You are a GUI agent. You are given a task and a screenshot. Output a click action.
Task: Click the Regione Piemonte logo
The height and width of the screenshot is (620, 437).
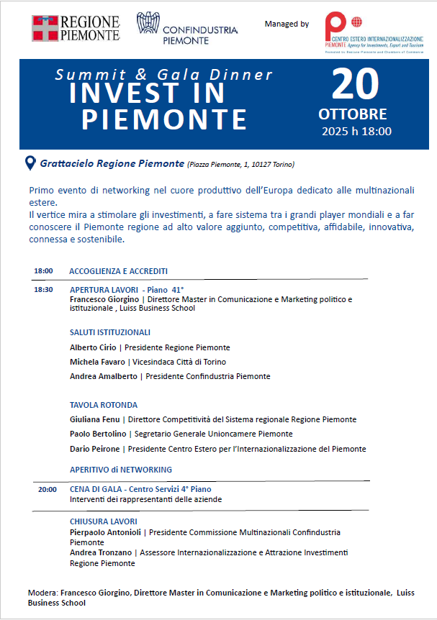coord(75,28)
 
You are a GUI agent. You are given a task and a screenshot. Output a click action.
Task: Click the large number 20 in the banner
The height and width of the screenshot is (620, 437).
coord(354,86)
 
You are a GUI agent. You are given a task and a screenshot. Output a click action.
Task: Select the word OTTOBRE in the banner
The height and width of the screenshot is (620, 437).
coord(353,114)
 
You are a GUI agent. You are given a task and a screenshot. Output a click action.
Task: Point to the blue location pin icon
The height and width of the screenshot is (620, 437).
coord(30,163)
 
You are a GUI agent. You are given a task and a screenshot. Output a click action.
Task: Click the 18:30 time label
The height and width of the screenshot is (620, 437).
coord(43,290)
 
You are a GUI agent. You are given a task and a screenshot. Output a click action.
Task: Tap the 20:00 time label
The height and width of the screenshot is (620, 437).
coord(47,489)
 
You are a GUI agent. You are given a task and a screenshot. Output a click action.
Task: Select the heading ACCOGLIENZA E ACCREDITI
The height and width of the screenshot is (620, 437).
coord(119,271)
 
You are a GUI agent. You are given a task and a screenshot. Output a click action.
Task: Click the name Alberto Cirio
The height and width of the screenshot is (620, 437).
coord(94,347)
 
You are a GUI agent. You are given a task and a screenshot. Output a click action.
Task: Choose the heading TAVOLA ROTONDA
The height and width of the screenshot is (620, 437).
coord(104,405)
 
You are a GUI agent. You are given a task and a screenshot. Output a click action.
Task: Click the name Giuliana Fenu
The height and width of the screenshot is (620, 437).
coord(95,419)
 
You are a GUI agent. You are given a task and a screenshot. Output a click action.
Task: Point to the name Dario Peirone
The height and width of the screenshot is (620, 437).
coord(95,449)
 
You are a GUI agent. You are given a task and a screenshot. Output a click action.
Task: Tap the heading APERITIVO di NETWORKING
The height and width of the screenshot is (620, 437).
coord(121,470)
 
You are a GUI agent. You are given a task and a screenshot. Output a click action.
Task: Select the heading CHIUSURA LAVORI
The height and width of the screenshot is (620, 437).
coord(104,521)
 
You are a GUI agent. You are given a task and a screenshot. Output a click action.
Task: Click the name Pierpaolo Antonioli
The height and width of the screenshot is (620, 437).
coord(106,532)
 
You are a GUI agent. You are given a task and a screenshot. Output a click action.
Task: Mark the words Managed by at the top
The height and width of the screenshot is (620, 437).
coord(287,24)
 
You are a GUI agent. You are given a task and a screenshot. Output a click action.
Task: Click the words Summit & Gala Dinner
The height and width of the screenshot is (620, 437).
coord(164,75)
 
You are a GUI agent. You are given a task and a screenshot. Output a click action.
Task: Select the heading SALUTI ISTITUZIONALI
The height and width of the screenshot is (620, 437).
coord(110,332)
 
